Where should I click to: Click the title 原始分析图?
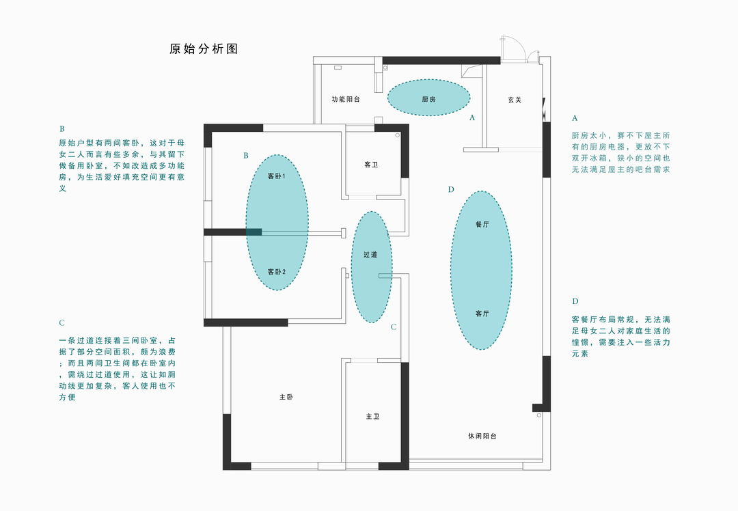pyautogui.click(x=204, y=49)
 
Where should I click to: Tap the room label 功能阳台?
pyautogui.click(x=346, y=100)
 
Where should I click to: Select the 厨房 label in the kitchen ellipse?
pyautogui.click(x=428, y=100)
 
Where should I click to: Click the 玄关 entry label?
pyautogui.click(x=515, y=100)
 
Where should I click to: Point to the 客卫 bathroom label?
pyautogui.click(x=371, y=165)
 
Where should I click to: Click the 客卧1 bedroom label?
pyautogui.click(x=276, y=176)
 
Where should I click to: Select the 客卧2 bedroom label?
pyautogui.click(x=276, y=272)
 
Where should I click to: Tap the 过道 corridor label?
pyautogui.click(x=370, y=254)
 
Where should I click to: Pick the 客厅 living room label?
pyautogui.click(x=482, y=314)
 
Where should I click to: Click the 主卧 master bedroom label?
pyautogui.click(x=286, y=397)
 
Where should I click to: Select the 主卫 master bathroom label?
pyautogui.click(x=372, y=416)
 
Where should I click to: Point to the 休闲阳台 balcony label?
pyautogui.click(x=482, y=436)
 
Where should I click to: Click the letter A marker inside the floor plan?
pyautogui.click(x=471, y=118)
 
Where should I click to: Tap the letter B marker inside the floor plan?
pyautogui.click(x=246, y=156)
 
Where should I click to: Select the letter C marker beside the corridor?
pyautogui.click(x=394, y=327)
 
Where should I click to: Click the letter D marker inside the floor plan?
pyautogui.click(x=451, y=189)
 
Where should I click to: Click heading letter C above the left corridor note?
pyautogui.click(x=61, y=323)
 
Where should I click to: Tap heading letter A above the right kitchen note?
pyautogui.click(x=575, y=118)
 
